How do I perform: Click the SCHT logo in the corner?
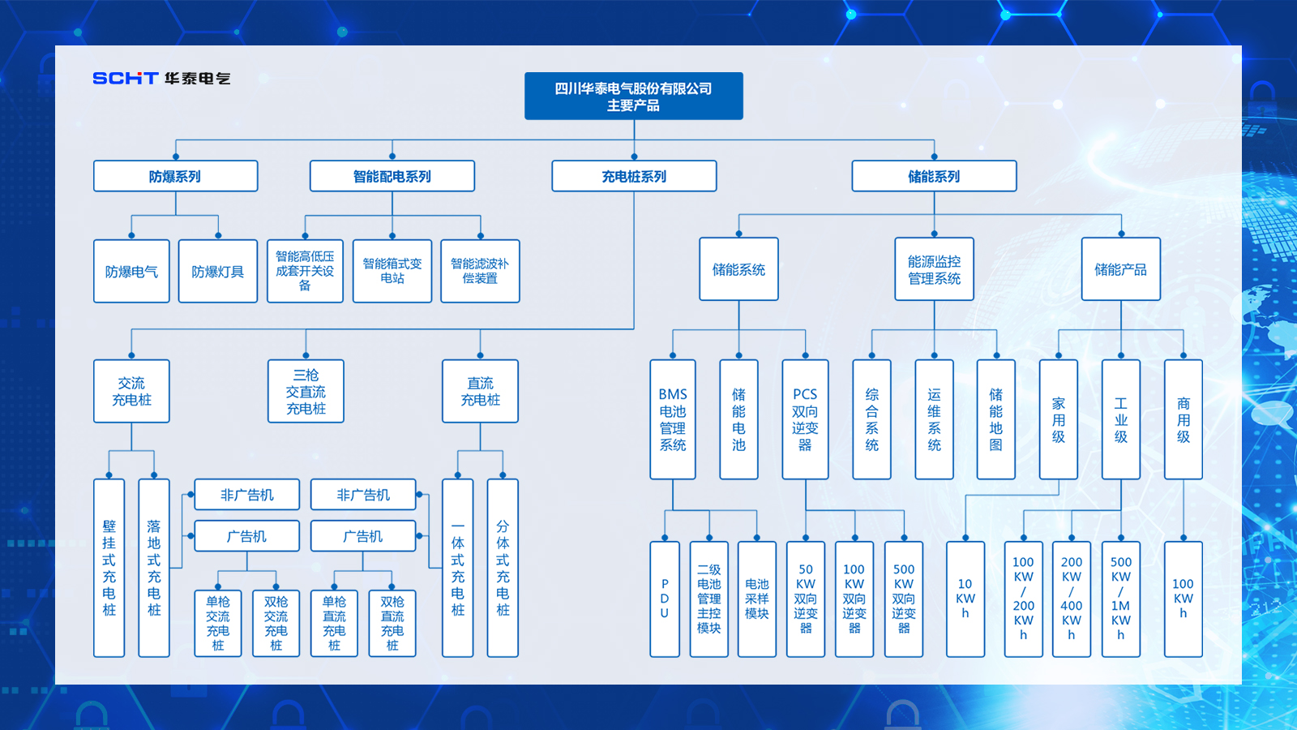coord(161,78)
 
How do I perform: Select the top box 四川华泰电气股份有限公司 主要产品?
coord(633,97)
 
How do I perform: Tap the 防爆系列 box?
coord(175,176)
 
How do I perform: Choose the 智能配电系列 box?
coord(392,176)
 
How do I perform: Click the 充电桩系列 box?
coord(634,176)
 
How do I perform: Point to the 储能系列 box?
coord(934,176)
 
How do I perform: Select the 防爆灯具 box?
coord(217,271)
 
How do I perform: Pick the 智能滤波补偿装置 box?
coord(480,271)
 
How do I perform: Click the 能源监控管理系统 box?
coord(934,269)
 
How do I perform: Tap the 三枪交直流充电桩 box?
coord(306,391)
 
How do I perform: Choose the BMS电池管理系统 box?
coord(672,419)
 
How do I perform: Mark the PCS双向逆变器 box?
coord(805,419)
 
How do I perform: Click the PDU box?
coord(665,599)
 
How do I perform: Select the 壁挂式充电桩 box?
coord(109,568)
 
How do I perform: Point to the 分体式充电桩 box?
coord(503,568)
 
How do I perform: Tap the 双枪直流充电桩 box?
coord(392,623)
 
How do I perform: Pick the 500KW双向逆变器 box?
coord(904,599)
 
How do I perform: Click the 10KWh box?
coord(965,599)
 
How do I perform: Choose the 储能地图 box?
coord(995,419)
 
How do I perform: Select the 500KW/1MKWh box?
coord(1120,599)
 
